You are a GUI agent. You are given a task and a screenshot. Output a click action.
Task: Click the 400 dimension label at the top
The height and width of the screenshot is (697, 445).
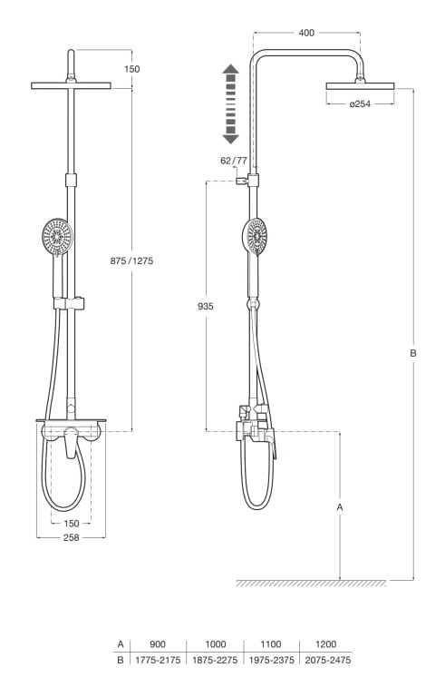tap(306, 33)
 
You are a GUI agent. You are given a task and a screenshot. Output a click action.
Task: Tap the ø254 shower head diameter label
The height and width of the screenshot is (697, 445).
tap(360, 104)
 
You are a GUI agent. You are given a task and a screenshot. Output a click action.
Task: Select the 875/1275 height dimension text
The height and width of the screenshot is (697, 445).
tap(131, 261)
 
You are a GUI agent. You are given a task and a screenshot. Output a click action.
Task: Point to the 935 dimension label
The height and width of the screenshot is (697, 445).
tap(206, 306)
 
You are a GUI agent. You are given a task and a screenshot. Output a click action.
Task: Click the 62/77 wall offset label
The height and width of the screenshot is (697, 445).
tap(234, 161)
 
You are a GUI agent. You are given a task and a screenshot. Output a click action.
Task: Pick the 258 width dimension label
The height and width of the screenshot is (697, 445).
tap(71, 537)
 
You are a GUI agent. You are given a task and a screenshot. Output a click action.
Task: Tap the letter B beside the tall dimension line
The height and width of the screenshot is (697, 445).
tap(413, 353)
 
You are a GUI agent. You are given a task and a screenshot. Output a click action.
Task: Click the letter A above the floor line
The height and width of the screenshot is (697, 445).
tap(340, 507)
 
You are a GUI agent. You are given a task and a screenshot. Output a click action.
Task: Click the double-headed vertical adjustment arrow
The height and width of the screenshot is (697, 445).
tap(230, 104)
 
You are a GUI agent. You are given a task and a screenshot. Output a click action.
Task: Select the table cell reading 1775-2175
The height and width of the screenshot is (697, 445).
tap(158, 660)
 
